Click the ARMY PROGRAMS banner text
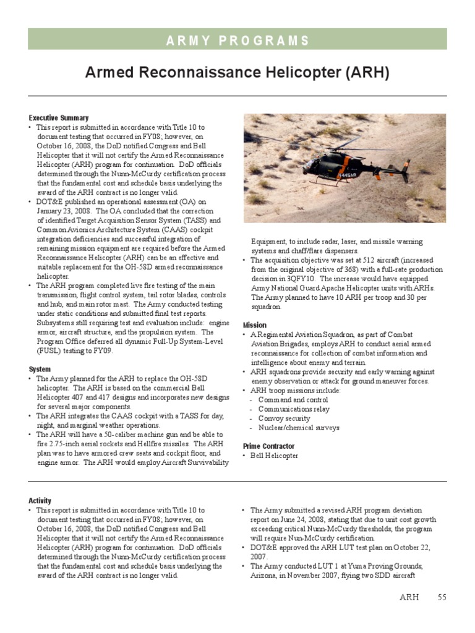(237, 41)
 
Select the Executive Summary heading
(58, 117)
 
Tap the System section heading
(40, 369)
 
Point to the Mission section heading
(255, 325)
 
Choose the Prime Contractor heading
(268, 446)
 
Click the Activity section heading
(40, 501)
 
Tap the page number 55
(442, 597)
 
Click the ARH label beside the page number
(409, 597)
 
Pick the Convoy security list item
(285, 418)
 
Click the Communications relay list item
(294, 409)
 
